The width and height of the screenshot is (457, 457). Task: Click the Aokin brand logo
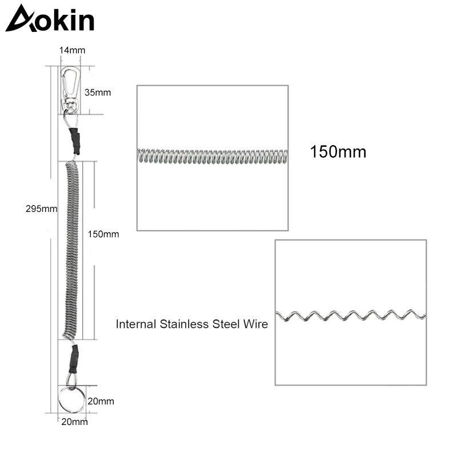pos(50,18)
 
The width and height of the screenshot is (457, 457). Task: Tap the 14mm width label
pos(72,50)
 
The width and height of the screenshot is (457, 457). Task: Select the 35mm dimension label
pos(99,91)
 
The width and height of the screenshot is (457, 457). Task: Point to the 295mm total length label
pos(42,209)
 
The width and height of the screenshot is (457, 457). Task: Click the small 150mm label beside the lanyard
pos(103,234)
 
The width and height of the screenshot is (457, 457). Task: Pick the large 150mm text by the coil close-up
pos(338,153)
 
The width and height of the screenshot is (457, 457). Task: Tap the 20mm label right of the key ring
pos(102,401)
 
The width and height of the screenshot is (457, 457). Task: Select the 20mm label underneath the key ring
pos(74,422)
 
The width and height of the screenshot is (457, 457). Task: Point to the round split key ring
pos(71,399)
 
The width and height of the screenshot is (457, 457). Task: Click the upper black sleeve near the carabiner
pos(75,141)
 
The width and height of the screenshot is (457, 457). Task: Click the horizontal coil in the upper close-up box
pos(211,155)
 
